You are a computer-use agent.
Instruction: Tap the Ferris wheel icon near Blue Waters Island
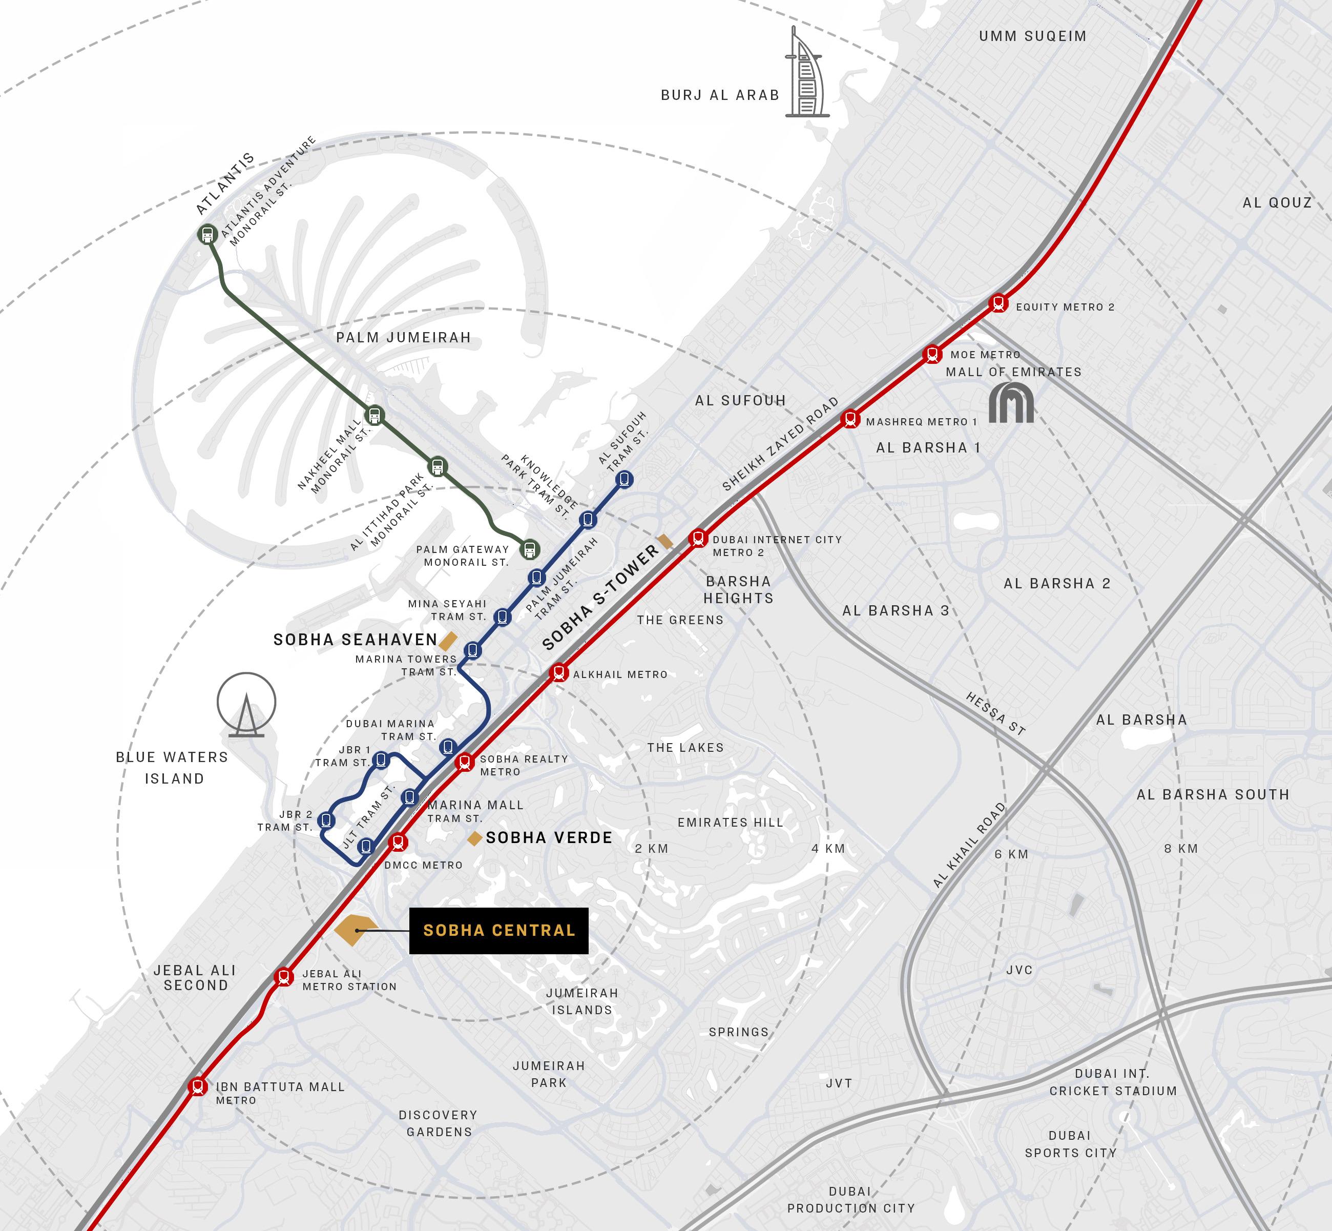[246, 704]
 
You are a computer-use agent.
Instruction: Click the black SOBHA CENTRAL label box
[498, 931]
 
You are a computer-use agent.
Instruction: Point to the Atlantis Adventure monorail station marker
[208, 235]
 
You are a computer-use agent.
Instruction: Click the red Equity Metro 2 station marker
[997, 303]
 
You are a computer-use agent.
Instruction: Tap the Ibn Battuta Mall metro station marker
[197, 1086]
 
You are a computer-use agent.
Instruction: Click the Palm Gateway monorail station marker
[530, 549]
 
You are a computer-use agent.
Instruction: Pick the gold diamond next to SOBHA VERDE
[474, 838]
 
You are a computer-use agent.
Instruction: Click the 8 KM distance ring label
[1181, 849]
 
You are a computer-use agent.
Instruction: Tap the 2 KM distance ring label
[651, 849]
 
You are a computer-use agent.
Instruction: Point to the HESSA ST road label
[995, 713]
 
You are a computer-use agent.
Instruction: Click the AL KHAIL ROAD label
[969, 845]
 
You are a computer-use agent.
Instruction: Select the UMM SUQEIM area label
[1032, 36]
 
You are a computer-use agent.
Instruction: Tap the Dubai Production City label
[850, 1200]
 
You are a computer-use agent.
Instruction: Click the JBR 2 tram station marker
[326, 820]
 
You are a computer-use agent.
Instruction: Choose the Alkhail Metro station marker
[559, 673]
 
